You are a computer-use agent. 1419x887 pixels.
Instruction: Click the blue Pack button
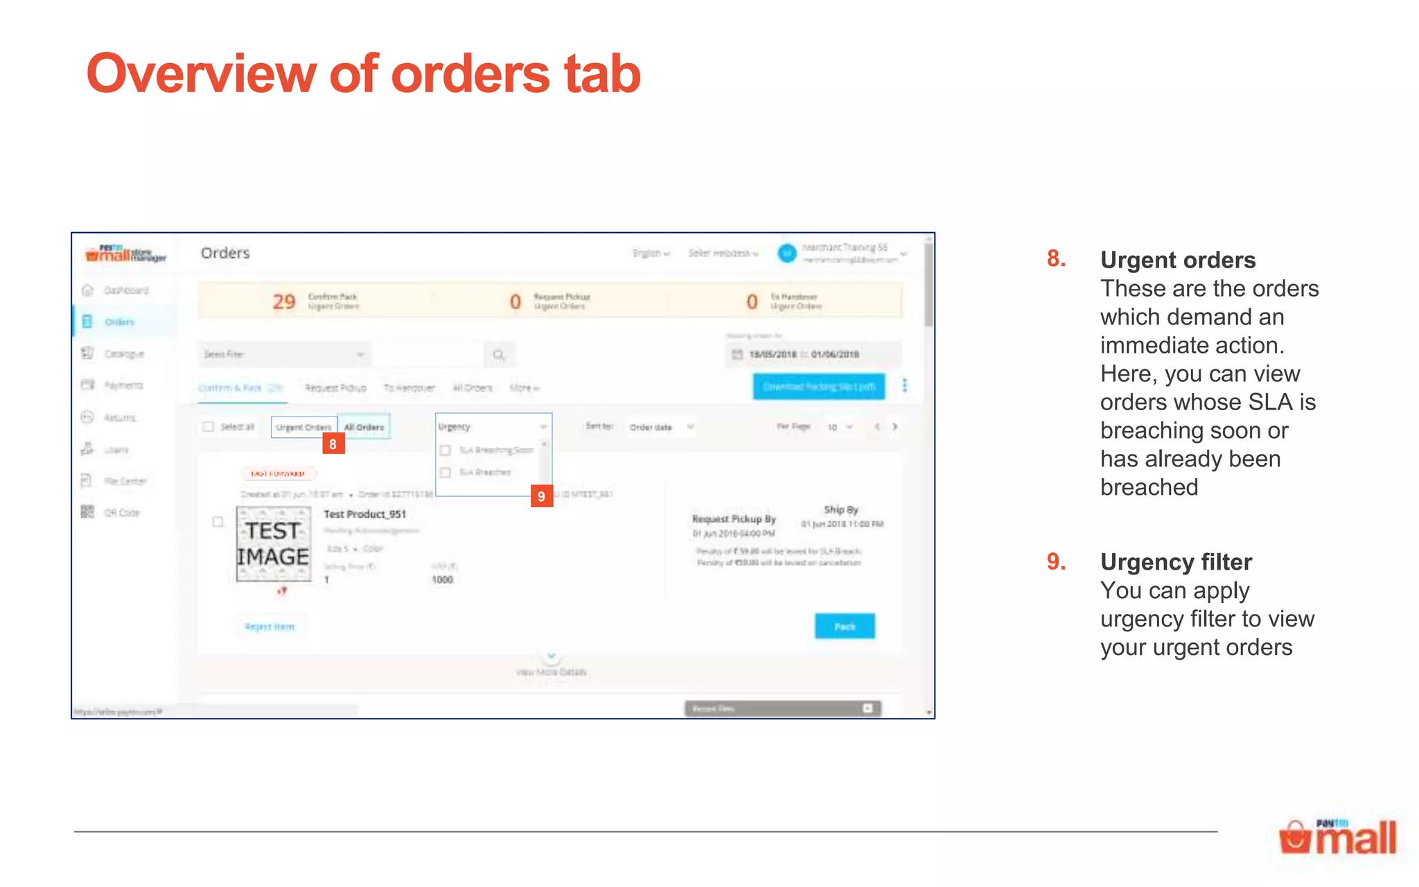[844, 626]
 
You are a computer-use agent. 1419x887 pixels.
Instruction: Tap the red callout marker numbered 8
[333, 443]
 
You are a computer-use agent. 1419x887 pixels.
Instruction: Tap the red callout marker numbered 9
[541, 496]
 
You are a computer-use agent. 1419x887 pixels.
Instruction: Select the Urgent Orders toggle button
[303, 427]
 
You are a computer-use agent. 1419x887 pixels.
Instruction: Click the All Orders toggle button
[364, 427]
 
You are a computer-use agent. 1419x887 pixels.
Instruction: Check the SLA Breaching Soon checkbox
[446, 450]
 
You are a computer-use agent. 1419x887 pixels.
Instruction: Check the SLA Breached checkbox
[446, 473]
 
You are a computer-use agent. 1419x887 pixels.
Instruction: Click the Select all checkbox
[209, 427]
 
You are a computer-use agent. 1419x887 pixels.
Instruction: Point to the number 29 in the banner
[283, 301]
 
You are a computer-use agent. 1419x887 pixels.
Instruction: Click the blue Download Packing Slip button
[818, 387]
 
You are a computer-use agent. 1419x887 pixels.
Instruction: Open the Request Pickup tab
[335, 388]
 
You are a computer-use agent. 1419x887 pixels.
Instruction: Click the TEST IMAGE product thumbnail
[273, 544]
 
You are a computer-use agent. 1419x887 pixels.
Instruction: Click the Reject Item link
[270, 626]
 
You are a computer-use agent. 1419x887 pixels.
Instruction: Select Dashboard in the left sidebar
[126, 290]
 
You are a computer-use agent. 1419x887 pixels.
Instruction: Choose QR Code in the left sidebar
[121, 513]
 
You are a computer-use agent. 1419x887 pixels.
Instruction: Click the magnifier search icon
[498, 355]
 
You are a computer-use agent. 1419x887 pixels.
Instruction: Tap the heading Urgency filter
[1176, 562]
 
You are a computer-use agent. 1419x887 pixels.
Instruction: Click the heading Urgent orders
[1177, 260]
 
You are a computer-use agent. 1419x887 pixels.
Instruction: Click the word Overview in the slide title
[202, 73]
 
